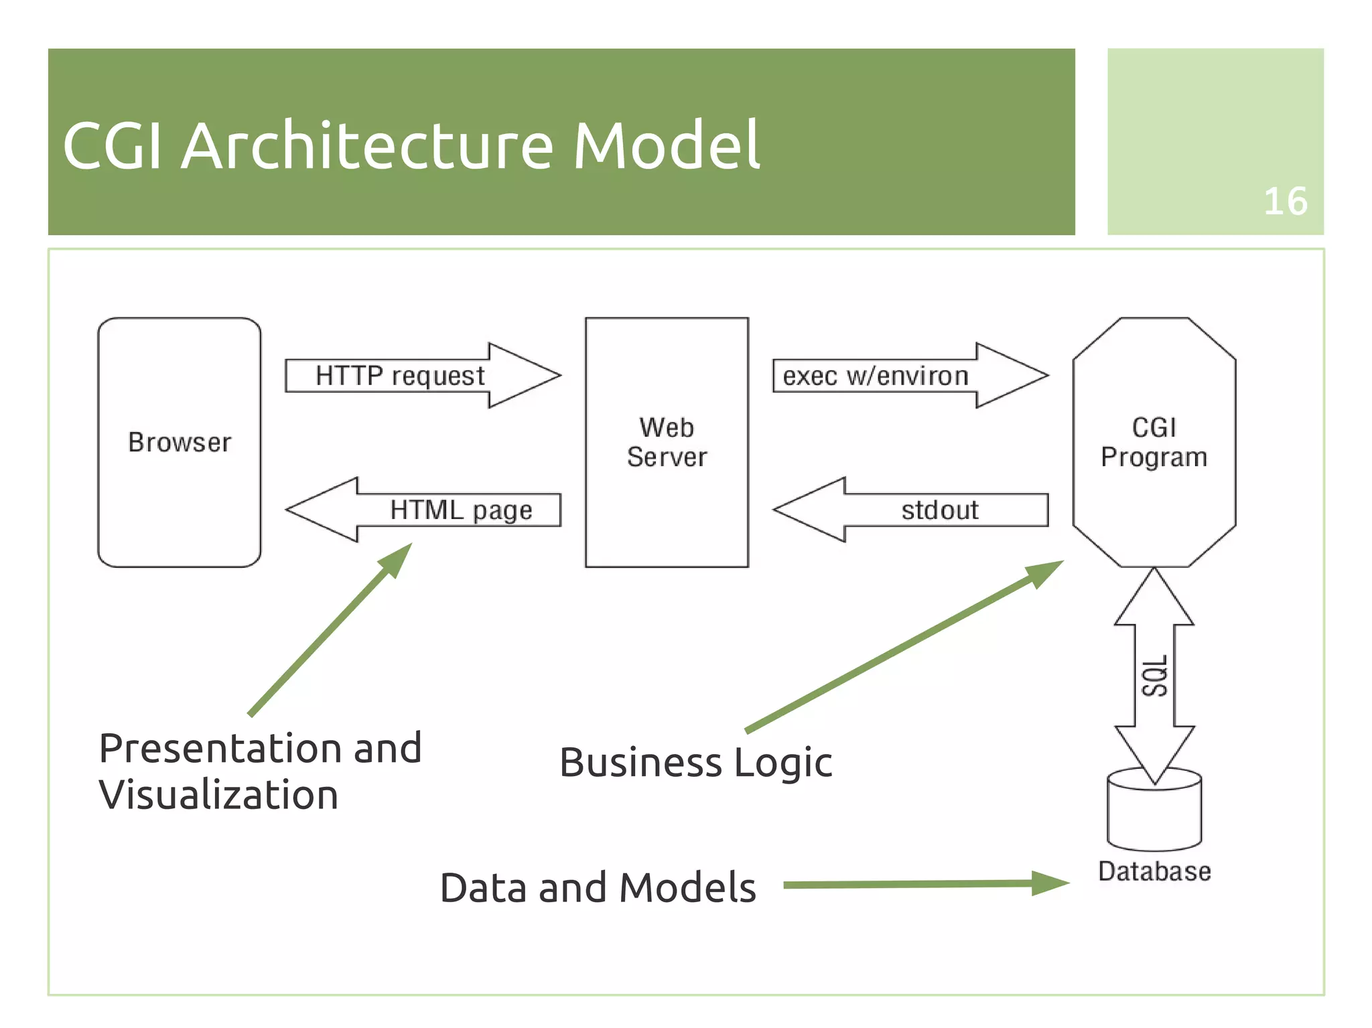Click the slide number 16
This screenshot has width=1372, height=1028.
(x=1284, y=201)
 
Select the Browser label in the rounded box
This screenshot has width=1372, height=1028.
(x=180, y=443)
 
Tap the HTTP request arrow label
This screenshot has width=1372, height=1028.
(x=400, y=376)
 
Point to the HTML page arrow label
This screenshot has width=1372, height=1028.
(x=461, y=510)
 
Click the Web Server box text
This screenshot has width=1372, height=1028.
(x=667, y=442)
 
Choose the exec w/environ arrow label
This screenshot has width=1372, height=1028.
(x=875, y=376)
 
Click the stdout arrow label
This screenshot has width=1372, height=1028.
(x=939, y=510)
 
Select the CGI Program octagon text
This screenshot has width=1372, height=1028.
(x=1154, y=442)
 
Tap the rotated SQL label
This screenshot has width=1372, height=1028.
(x=1154, y=676)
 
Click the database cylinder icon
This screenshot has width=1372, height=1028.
(x=1154, y=814)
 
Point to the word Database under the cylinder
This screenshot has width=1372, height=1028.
(x=1154, y=871)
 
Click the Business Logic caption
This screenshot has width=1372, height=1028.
(x=695, y=763)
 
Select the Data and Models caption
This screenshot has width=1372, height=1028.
(x=598, y=888)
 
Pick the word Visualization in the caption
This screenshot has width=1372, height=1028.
(x=218, y=795)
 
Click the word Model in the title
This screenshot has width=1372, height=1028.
(x=666, y=145)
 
